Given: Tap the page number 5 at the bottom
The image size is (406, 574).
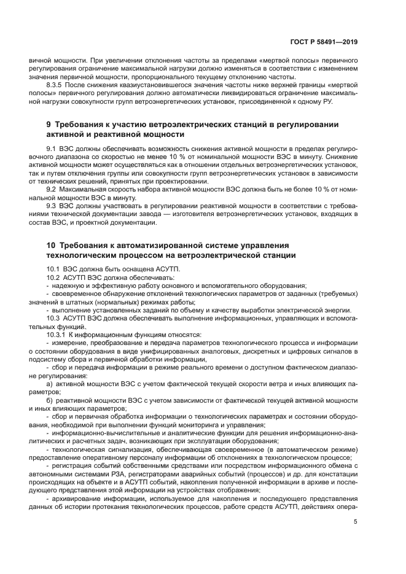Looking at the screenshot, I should pyautogui.click(x=356, y=522).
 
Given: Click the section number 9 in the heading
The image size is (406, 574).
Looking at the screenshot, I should pyautogui.click(x=49, y=125).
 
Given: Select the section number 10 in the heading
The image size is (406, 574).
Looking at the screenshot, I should pyautogui.click(x=52, y=246).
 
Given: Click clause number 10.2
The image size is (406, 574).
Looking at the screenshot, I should pyautogui.click(x=53, y=278).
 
